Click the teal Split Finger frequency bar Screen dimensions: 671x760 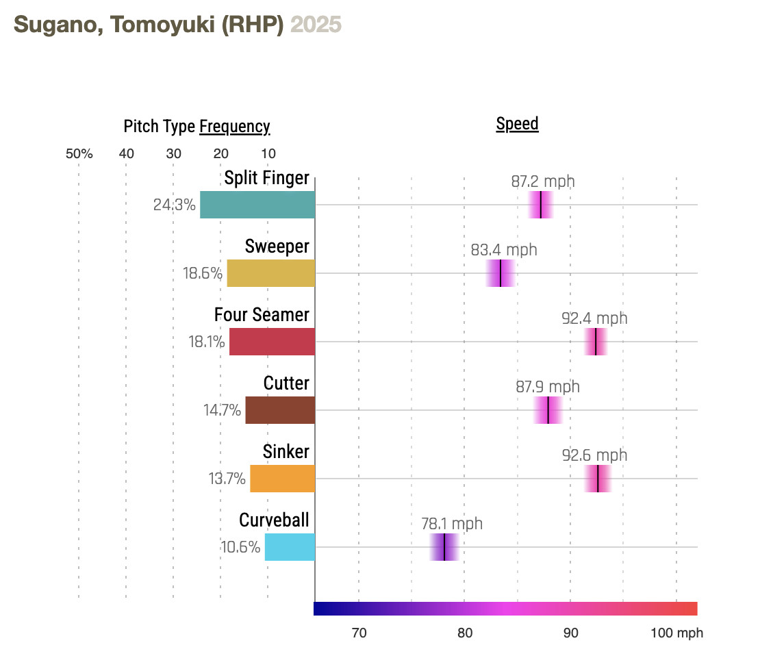257,205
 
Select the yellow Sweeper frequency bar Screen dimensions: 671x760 271,273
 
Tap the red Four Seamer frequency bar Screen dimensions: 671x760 272,342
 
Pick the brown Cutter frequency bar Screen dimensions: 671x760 280,410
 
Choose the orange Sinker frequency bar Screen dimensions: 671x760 282,479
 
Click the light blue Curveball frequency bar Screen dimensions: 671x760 290,547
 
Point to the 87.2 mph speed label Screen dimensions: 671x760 543,181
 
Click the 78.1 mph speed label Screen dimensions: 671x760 452,524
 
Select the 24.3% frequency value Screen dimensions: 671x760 175,205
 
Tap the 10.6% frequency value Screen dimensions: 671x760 240,547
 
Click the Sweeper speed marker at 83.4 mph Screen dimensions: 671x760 501,273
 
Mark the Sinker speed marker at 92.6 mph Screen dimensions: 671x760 598,479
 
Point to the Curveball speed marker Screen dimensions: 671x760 444,547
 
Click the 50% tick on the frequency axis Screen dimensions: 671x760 79,153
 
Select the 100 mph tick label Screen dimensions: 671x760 676,633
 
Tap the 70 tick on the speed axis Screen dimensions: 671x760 359,633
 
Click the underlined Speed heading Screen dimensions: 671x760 517,124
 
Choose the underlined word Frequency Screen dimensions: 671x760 234,127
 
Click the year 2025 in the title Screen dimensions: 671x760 316,25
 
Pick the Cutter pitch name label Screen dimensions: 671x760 286,383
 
